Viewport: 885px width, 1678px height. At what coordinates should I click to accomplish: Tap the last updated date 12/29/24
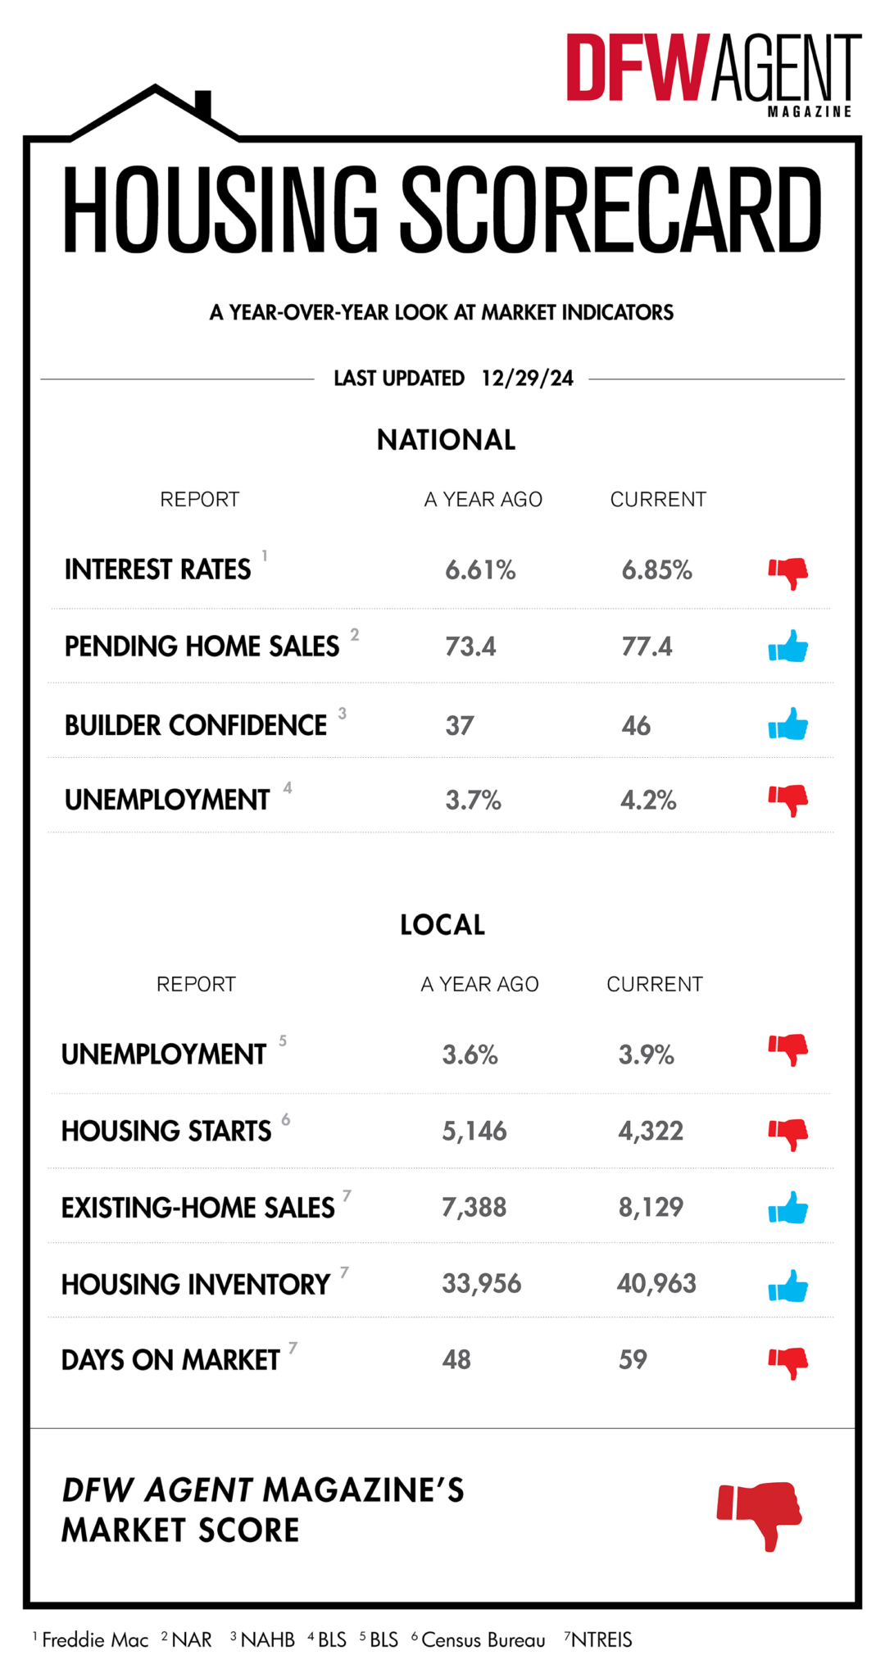(527, 379)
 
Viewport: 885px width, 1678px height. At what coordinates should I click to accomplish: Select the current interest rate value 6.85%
(656, 570)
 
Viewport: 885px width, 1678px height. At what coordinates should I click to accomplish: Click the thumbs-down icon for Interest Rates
(788, 572)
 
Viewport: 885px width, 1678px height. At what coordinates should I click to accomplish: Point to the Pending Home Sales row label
(202, 646)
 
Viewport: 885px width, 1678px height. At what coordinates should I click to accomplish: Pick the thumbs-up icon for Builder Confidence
(788, 724)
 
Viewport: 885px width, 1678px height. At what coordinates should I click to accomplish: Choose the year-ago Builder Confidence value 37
(460, 726)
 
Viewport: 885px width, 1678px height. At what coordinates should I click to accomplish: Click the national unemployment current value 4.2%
(648, 800)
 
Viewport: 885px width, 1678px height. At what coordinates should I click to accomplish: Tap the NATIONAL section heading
(446, 440)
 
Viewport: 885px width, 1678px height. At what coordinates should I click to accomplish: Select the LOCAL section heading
(442, 925)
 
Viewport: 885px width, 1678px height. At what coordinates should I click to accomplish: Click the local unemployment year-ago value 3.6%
(470, 1054)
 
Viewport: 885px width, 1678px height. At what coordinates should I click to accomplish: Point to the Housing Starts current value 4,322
(651, 1132)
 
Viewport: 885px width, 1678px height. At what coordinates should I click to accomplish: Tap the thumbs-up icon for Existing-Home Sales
(788, 1209)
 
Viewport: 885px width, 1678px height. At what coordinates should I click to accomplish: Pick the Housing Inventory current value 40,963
(656, 1284)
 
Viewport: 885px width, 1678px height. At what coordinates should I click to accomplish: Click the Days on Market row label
(170, 1360)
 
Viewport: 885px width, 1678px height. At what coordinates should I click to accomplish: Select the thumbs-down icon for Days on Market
(788, 1362)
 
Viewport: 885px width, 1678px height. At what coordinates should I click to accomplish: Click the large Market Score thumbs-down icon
(760, 1513)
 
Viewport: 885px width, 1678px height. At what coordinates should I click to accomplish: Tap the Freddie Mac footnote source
(94, 1639)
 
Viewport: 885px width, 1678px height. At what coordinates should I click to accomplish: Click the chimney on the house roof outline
(203, 105)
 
